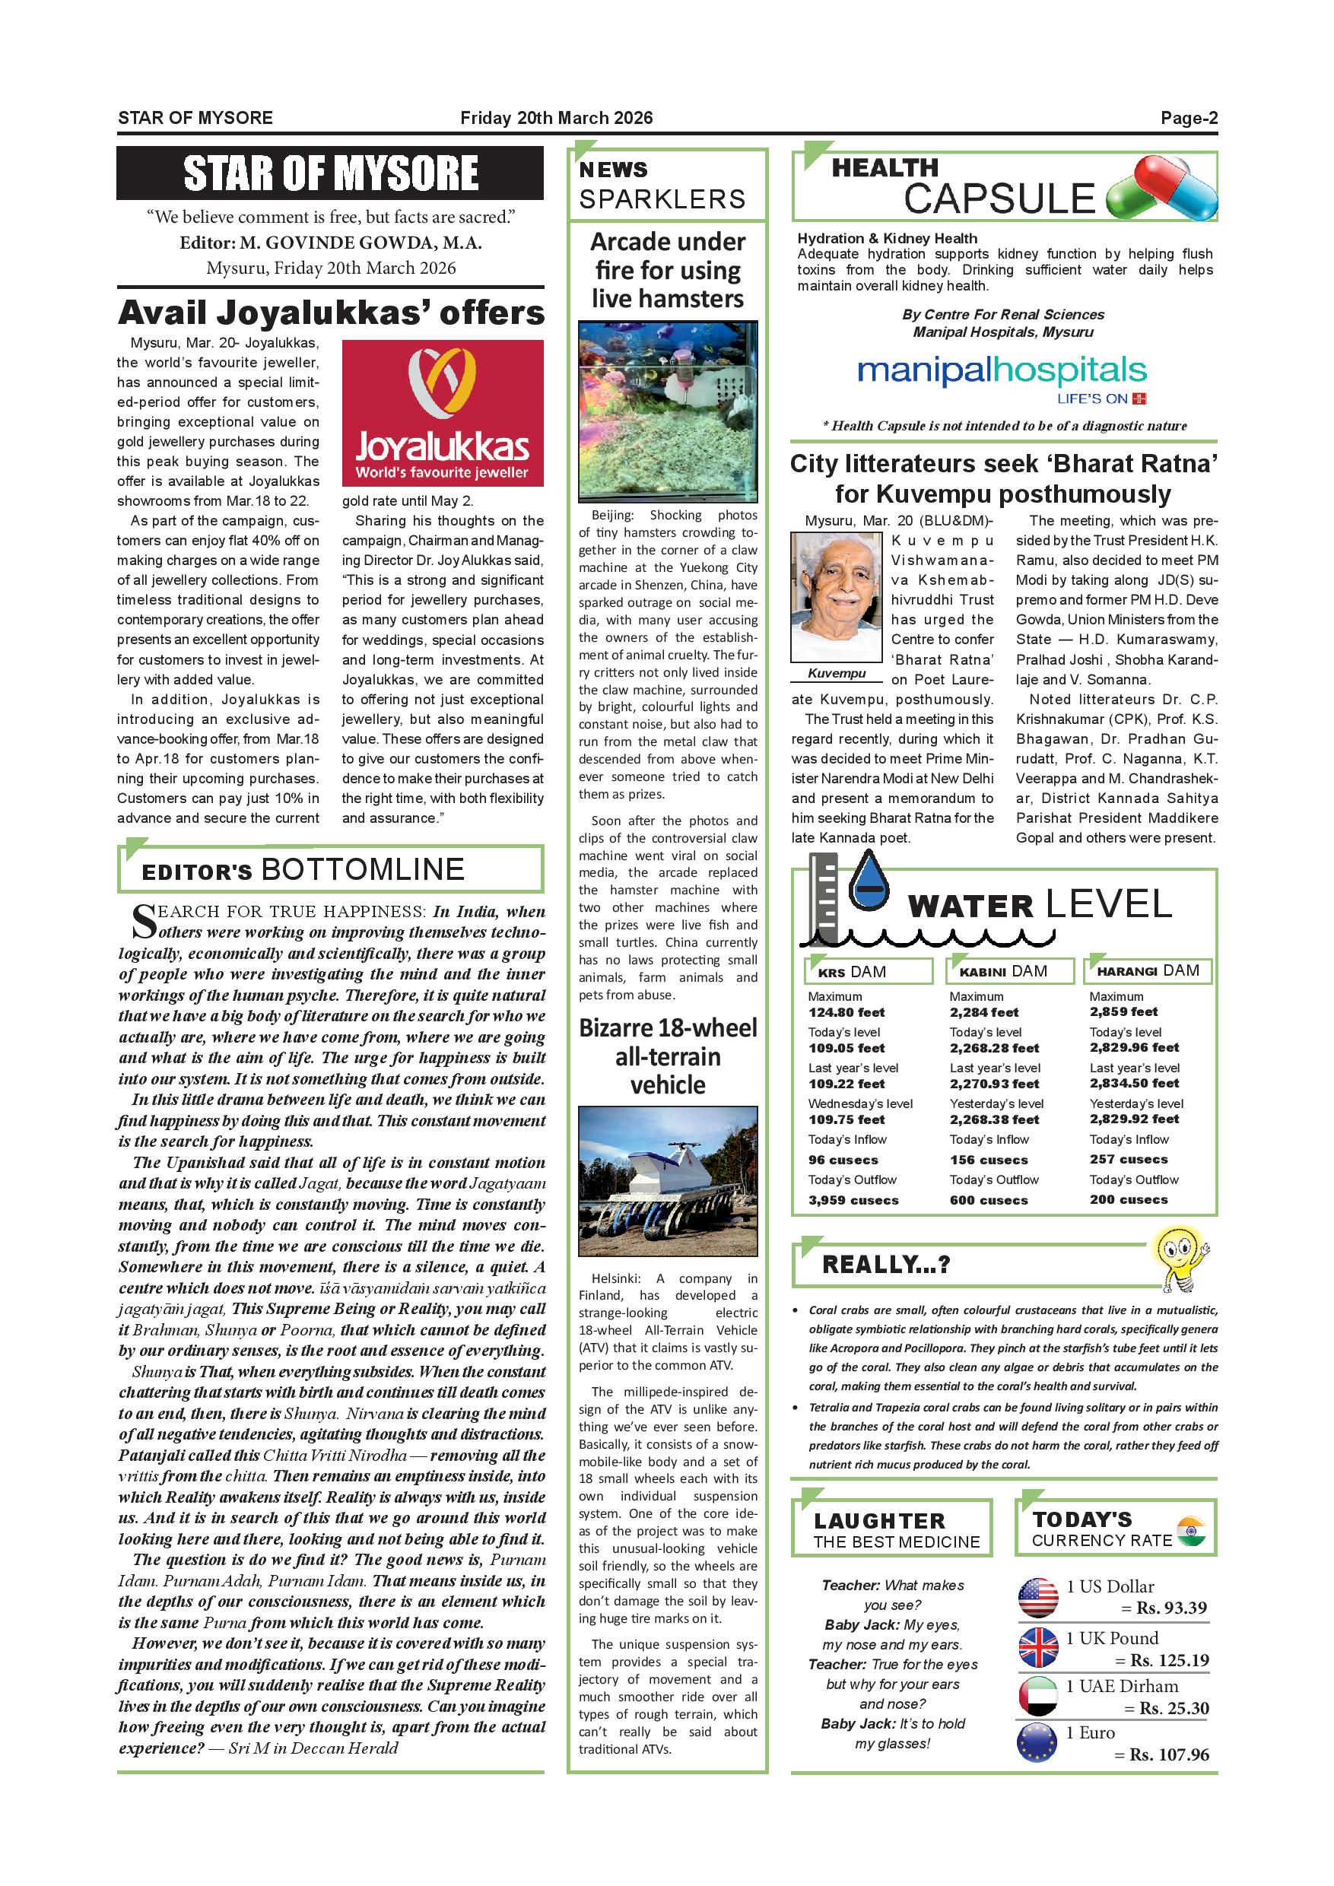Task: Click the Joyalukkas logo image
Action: [443, 412]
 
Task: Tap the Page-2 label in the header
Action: [1189, 117]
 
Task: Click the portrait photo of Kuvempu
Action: [836, 596]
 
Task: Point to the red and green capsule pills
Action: [1161, 190]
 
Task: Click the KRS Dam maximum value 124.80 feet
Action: [847, 1013]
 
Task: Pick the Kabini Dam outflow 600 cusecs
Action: [989, 1200]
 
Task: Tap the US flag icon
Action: [1037, 1599]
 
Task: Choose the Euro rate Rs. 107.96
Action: [1169, 1754]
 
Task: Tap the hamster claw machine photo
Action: [668, 411]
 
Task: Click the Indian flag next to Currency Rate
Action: [1190, 1529]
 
